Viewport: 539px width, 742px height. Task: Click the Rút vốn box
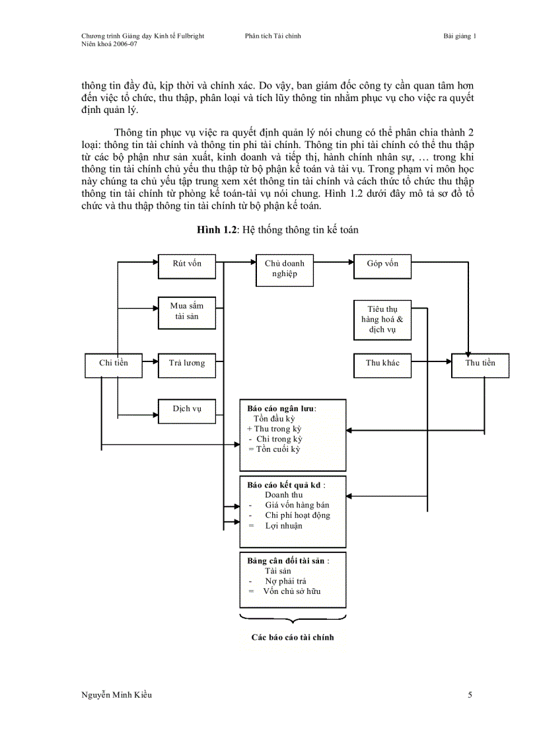pyautogui.click(x=187, y=267)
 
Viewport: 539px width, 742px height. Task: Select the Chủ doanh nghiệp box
pyautogui.click(x=284, y=270)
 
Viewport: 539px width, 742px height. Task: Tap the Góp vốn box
pyautogui.click(x=382, y=267)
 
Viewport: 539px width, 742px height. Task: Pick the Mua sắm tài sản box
pyautogui.click(x=187, y=313)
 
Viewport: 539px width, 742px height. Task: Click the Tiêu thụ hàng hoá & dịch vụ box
pyautogui.click(x=382, y=320)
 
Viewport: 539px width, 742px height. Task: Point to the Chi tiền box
pyautogui.click(x=114, y=365)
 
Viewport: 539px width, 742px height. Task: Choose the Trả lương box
pyautogui.click(x=187, y=365)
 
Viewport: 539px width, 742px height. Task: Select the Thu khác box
pyautogui.click(x=382, y=365)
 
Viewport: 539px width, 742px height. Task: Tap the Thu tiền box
pyautogui.click(x=480, y=365)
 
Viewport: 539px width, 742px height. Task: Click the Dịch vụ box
pyautogui.click(x=187, y=411)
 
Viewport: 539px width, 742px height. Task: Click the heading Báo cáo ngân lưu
pyautogui.click(x=281, y=408)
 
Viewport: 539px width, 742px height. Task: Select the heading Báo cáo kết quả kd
pyautogui.click(x=285, y=484)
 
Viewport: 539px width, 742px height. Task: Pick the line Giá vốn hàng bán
pyautogui.click(x=297, y=505)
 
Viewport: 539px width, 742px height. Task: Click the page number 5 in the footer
pyautogui.click(x=470, y=694)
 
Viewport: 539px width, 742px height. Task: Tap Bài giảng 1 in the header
pyautogui.click(x=460, y=36)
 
